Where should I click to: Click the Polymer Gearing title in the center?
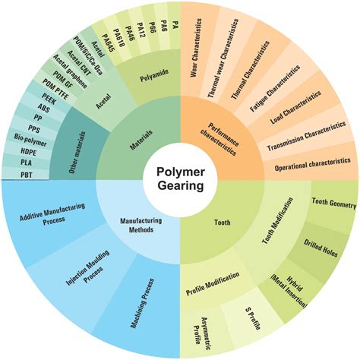coord(180,178)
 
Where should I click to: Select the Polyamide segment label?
coord(154,75)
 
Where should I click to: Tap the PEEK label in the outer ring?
coord(49,99)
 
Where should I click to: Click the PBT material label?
coord(27,175)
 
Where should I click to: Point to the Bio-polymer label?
coord(30,141)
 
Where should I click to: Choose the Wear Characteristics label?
coord(197,48)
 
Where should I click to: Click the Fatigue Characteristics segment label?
coord(275,88)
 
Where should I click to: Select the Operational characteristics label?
coord(313,164)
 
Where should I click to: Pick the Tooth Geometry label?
coord(334,203)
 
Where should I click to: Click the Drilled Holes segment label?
coord(321,248)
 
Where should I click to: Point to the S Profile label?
coord(253,318)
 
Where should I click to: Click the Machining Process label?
coord(142,303)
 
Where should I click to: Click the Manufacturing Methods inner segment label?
coord(141,225)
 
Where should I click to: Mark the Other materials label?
coord(77,153)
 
